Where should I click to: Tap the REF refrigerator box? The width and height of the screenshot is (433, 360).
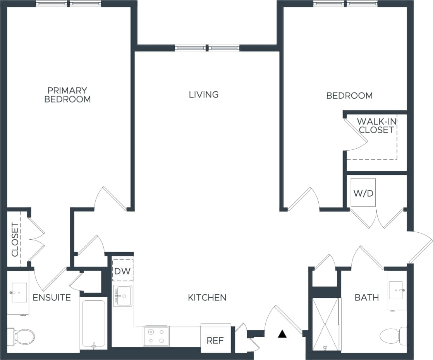pos(215,340)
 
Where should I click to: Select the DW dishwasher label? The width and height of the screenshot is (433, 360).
pos(123,270)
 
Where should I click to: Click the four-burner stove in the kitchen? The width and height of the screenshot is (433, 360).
pos(156,336)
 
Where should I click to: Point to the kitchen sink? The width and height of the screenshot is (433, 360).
pos(123,296)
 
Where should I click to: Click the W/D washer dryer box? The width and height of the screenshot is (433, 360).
pos(363,193)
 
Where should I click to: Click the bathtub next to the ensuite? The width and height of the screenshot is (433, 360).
pos(93,324)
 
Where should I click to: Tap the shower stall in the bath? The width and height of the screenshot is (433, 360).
pos(325,324)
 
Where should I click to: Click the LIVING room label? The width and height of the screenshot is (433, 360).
pos(204,94)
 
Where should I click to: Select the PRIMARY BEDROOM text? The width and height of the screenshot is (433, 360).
pos(67,95)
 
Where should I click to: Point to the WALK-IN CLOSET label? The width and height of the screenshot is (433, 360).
pos(376,125)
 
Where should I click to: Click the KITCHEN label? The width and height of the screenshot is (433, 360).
pos(207,298)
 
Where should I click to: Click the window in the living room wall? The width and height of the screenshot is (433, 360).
pos(207,48)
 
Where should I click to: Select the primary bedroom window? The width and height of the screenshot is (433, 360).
pos(69,4)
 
